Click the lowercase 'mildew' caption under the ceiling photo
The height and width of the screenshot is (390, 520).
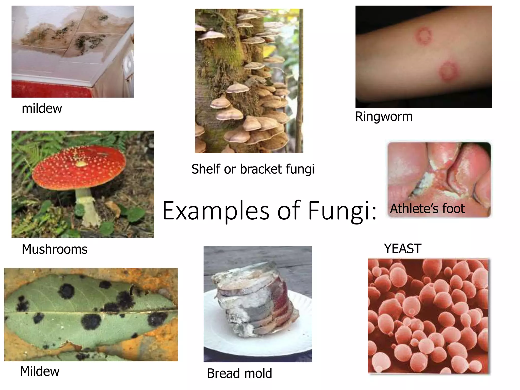[42, 108]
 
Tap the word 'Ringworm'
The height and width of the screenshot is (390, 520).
[384, 117]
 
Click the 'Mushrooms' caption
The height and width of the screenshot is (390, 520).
[55, 249]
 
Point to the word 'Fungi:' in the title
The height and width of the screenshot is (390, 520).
[342, 211]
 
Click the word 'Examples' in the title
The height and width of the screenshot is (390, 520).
[216, 211]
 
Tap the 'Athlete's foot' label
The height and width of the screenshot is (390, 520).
[427, 209]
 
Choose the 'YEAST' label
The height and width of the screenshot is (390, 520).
[403, 249]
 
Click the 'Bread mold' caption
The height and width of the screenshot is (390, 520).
[239, 373]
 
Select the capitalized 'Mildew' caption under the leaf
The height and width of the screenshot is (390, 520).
[40, 371]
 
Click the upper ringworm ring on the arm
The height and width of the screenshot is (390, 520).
[424, 36]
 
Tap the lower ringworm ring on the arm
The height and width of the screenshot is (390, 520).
[449, 71]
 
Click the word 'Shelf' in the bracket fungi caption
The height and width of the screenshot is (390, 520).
[206, 169]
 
